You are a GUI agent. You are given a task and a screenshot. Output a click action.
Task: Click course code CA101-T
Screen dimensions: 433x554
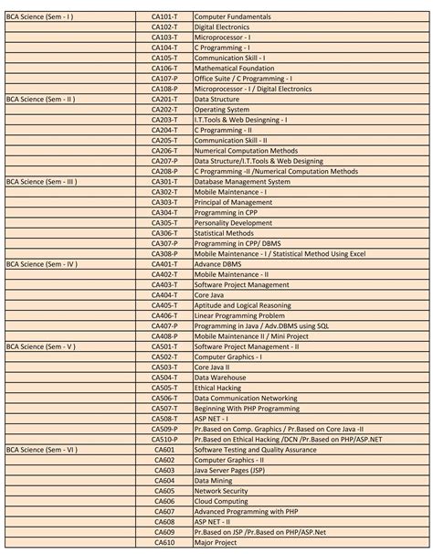(164, 17)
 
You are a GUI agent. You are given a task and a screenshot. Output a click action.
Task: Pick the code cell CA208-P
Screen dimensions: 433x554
(164, 171)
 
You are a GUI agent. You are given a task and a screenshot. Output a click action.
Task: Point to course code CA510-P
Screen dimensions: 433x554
(164, 440)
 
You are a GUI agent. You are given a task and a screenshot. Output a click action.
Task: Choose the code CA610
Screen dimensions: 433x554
(164, 542)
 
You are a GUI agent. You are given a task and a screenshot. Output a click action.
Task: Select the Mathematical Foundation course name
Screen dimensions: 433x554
(234, 69)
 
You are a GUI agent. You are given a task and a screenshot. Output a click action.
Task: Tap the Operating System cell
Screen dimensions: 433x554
(221, 110)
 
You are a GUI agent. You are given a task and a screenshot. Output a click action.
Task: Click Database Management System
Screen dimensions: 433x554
(242, 182)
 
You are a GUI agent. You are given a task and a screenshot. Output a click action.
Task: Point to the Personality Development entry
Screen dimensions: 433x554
(233, 223)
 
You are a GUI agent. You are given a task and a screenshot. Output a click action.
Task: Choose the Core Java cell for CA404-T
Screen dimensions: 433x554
(210, 295)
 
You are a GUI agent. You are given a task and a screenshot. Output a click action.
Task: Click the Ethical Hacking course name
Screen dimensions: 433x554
(217, 388)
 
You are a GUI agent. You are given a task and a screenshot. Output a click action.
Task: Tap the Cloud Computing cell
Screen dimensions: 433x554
(220, 501)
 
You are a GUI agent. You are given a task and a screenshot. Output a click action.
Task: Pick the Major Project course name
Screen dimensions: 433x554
(216, 542)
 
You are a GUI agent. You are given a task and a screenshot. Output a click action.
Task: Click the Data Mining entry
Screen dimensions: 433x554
(215, 481)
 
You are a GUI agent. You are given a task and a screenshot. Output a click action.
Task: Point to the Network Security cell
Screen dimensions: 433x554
(221, 491)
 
